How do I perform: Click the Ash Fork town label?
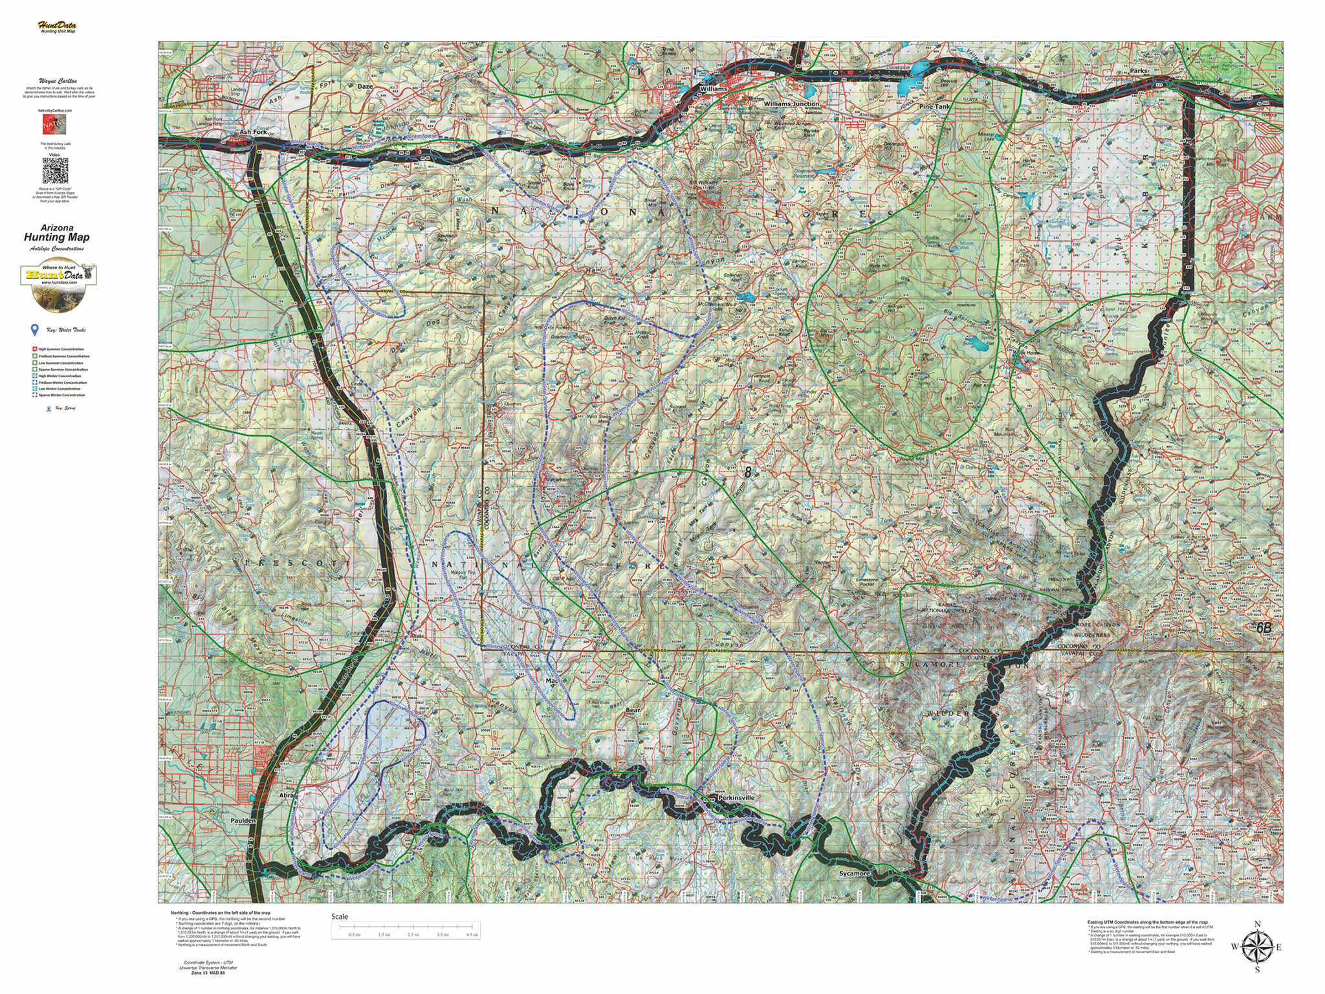(253, 131)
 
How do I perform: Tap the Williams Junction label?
(791, 104)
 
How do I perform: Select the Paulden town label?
(243, 820)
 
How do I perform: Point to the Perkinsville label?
(736, 798)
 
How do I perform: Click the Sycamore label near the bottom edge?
(855, 873)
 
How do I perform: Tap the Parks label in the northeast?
(1139, 71)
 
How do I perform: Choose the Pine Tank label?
(935, 106)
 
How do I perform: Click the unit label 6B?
(1264, 627)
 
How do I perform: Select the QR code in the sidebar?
(56, 170)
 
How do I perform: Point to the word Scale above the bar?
(340, 916)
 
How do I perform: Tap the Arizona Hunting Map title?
(57, 233)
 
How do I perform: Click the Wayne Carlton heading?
(57, 82)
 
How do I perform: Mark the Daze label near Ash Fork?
(366, 86)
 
